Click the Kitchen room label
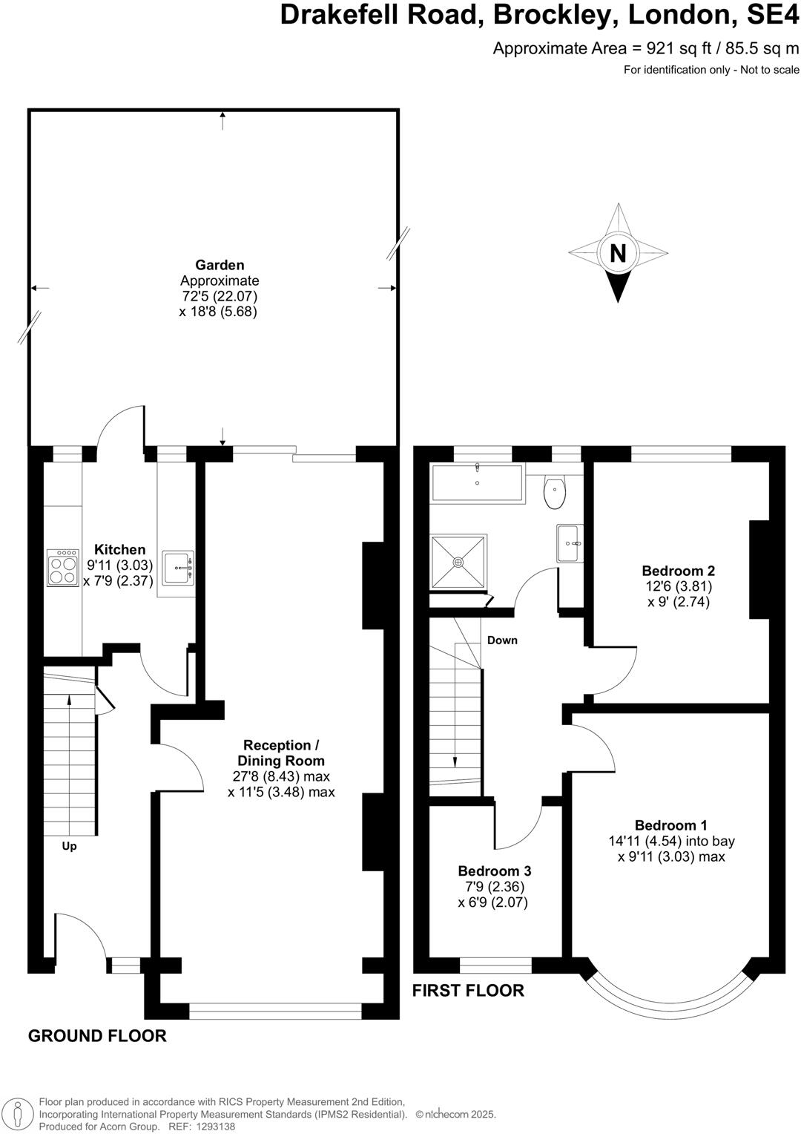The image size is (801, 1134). [x=120, y=550]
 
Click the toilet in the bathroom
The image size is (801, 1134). [x=554, y=494]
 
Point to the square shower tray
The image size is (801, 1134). [x=458, y=562]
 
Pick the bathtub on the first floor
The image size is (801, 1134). [x=478, y=483]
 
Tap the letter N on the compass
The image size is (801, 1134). [x=617, y=254]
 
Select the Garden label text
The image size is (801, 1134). [x=220, y=265]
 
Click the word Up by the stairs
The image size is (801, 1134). [x=69, y=846]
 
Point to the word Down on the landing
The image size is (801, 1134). [x=502, y=640]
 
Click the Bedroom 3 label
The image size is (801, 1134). [x=494, y=871]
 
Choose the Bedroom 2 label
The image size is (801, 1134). [x=678, y=571]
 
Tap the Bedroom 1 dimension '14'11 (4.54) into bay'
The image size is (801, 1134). [x=671, y=841]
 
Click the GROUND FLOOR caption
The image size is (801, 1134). [x=97, y=1036]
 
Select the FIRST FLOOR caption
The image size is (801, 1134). [x=468, y=991]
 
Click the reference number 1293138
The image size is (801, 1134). [x=214, y=1127]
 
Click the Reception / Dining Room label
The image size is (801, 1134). [x=281, y=753]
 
